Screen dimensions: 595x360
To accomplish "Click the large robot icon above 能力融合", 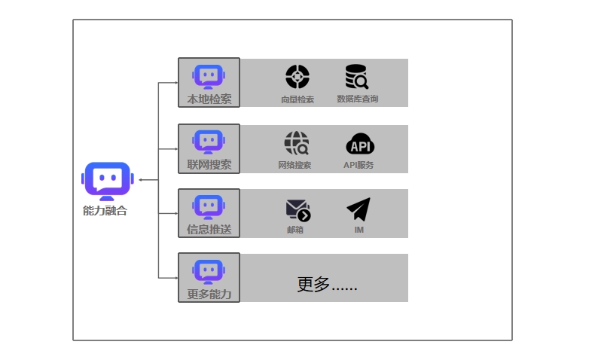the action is pyautogui.click(x=108, y=181).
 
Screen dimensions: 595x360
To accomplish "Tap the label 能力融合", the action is pyautogui.click(x=105, y=211).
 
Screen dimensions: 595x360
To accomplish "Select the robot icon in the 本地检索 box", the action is pyautogui.click(x=209, y=77).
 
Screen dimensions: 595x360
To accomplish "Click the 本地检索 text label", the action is pyautogui.click(x=209, y=99).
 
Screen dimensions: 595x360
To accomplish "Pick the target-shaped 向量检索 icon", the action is pyautogui.click(x=297, y=77).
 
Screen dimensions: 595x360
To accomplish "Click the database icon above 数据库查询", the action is pyautogui.click(x=357, y=76).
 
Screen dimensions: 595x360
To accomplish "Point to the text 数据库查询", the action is pyautogui.click(x=358, y=99).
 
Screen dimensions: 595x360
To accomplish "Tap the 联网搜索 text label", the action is pyautogui.click(x=209, y=164).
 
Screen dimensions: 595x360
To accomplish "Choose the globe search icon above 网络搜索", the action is pyautogui.click(x=297, y=143).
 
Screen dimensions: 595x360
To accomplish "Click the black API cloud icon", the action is pyautogui.click(x=360, y=144).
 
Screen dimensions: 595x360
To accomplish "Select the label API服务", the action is pyautogui.click(x=359, y=165).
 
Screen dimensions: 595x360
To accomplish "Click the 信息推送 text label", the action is pyautogui.click(x=209, y=229).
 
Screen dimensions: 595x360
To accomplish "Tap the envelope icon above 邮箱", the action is pyautogui.click(x=298, y=210).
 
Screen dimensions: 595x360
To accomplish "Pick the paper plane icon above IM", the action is pyautogui.click(x=359, y=209).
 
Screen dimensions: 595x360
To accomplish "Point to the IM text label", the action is pyautogui.click(x=359, y=230).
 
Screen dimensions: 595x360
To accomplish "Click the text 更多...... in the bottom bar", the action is pyautogui.click(x=327, y=284).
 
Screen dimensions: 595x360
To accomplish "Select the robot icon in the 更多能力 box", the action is pyautogui.click(x=209, y=272).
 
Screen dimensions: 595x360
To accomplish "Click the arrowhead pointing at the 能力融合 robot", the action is pyautogui.click(x=140, y=180).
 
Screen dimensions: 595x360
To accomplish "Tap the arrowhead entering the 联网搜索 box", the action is pyautogui.click(x=176, y=148).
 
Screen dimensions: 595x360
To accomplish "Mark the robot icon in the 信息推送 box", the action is pyautogui.click(x=209, y=207).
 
